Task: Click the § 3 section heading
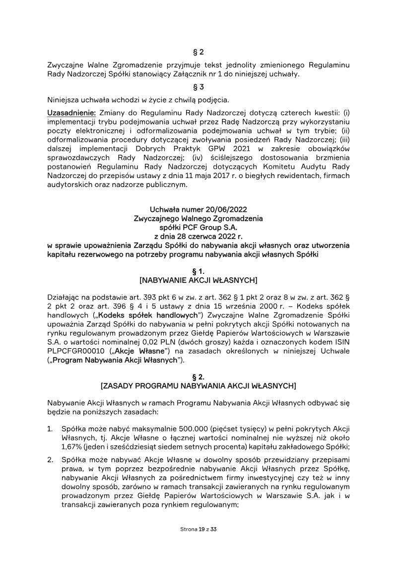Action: click(198, 87)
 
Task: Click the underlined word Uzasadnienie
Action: click(69, 113)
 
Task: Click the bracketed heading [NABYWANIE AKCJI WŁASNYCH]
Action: click(198, 281)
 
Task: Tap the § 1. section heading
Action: click(198, 272)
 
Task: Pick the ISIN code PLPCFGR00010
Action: click(70, 351)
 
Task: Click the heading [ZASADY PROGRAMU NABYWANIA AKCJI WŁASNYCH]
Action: click(198, 386)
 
